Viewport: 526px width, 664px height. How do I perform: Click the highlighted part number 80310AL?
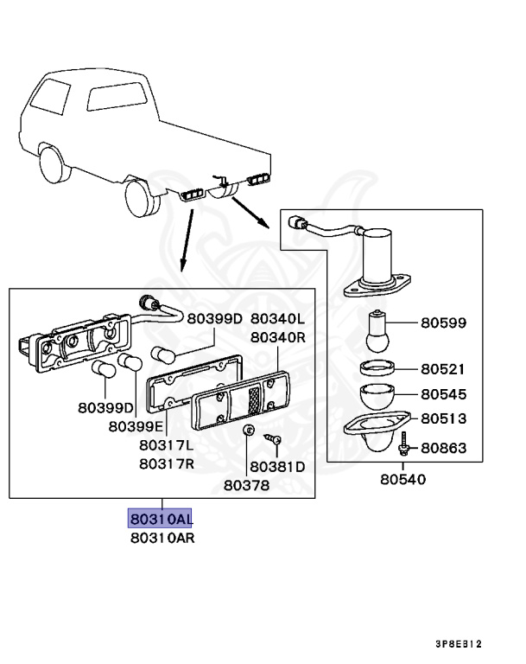pos(161,519)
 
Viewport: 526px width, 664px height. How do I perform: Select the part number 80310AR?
pos(161,538)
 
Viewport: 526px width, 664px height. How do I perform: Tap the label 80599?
pos(444,323)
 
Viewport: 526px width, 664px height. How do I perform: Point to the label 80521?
pos(444,369)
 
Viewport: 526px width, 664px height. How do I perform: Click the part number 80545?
pos(444,394)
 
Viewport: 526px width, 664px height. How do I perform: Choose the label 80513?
pos(444,419)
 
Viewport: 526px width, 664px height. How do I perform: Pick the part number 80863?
pos(444,448)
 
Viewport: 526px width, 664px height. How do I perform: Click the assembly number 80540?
pos(402,478)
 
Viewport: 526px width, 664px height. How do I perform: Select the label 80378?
pos(246,485)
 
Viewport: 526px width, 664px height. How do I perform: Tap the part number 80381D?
pos(277,466)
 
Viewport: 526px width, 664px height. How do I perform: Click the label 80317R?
pos(166,463)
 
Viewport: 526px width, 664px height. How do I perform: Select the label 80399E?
pos(137,426)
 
